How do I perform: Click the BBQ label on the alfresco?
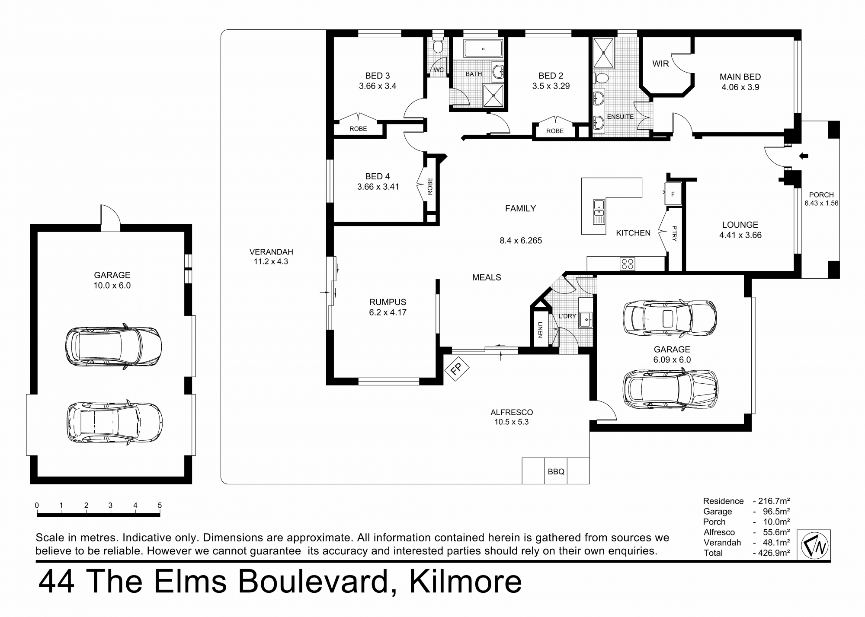tap(556, 471)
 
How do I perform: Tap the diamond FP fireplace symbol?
tap(457, 369)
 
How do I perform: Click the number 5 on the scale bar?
tap(160, 505)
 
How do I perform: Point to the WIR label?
tap(660, 64)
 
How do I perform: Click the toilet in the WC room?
tap(438, 45)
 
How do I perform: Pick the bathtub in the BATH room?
tap(483, 49)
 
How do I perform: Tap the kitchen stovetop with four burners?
tap(627, 264)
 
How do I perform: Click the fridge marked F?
tap(673, 194)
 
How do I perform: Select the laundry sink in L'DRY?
tap(586, 320)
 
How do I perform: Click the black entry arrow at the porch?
tap(803, 156)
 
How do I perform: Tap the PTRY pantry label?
tap(674, 233)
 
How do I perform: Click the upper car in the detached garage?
tap(113, 346)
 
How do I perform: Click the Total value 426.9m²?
tap(772, 553)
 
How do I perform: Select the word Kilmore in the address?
tap(465, 582)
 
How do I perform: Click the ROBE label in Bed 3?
tap(358, 129)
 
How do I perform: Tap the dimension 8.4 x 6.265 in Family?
tap(521, 241)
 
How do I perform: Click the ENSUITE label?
tap(620, 117)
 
